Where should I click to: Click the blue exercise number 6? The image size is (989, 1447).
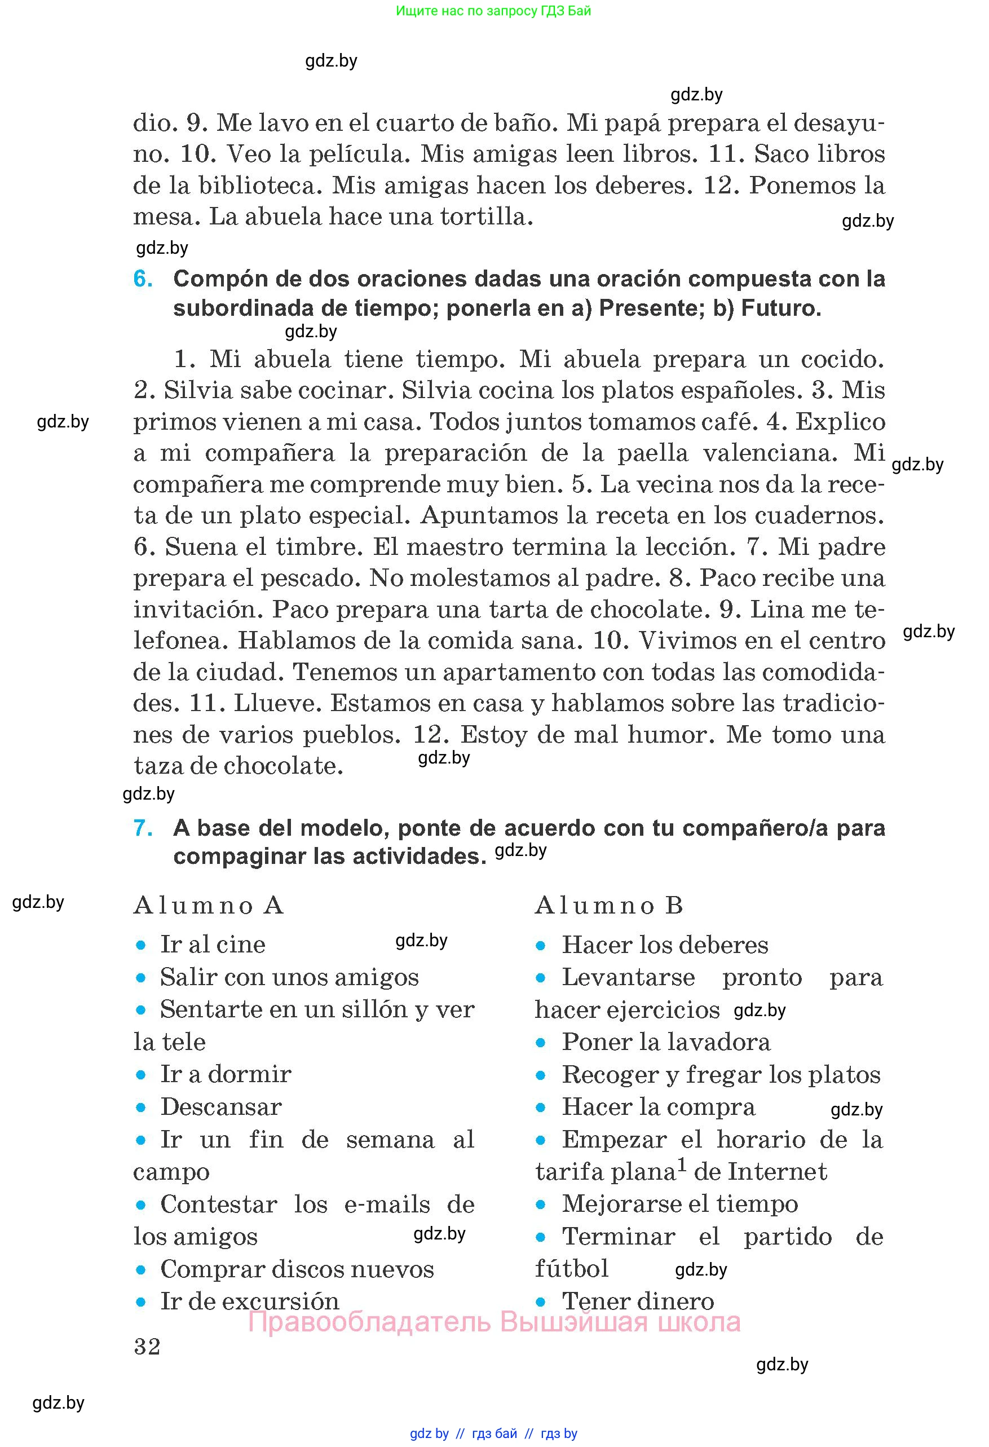[x=143, y=279]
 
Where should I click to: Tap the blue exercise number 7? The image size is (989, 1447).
[x=143, y=828]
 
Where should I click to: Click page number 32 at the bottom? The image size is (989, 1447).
[x=147, y=1347]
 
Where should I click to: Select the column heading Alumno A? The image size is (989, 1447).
[x=209, y=905]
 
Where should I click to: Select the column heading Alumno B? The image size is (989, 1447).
[x=610, y=905]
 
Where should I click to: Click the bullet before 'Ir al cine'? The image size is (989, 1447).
[x=142, y=946]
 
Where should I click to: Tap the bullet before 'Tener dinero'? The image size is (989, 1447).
[x=541, y=1302]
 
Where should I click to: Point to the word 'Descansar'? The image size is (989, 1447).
[x=221, y=1107]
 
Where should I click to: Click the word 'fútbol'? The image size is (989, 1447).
[x=571, y=1269]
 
